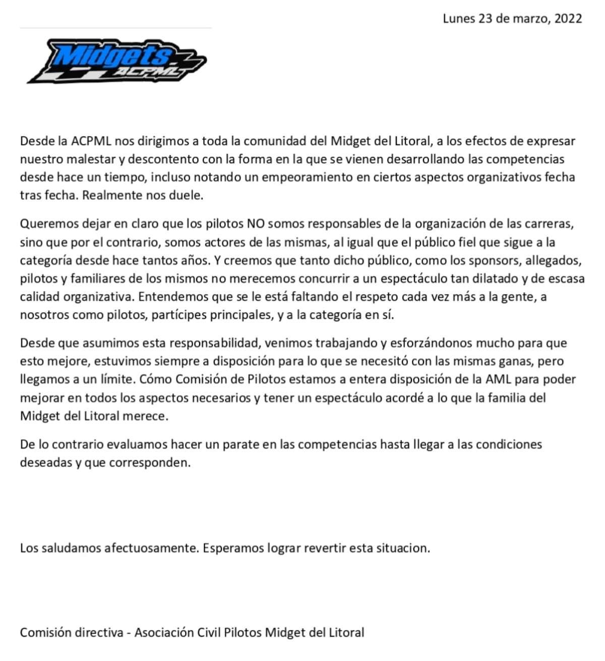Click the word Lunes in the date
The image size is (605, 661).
click(x=459, y=19)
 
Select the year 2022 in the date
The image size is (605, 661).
click(x=568, y=19)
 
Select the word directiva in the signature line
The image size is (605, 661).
click(x=100, y=632)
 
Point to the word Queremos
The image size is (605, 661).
click(x=45, y=224)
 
